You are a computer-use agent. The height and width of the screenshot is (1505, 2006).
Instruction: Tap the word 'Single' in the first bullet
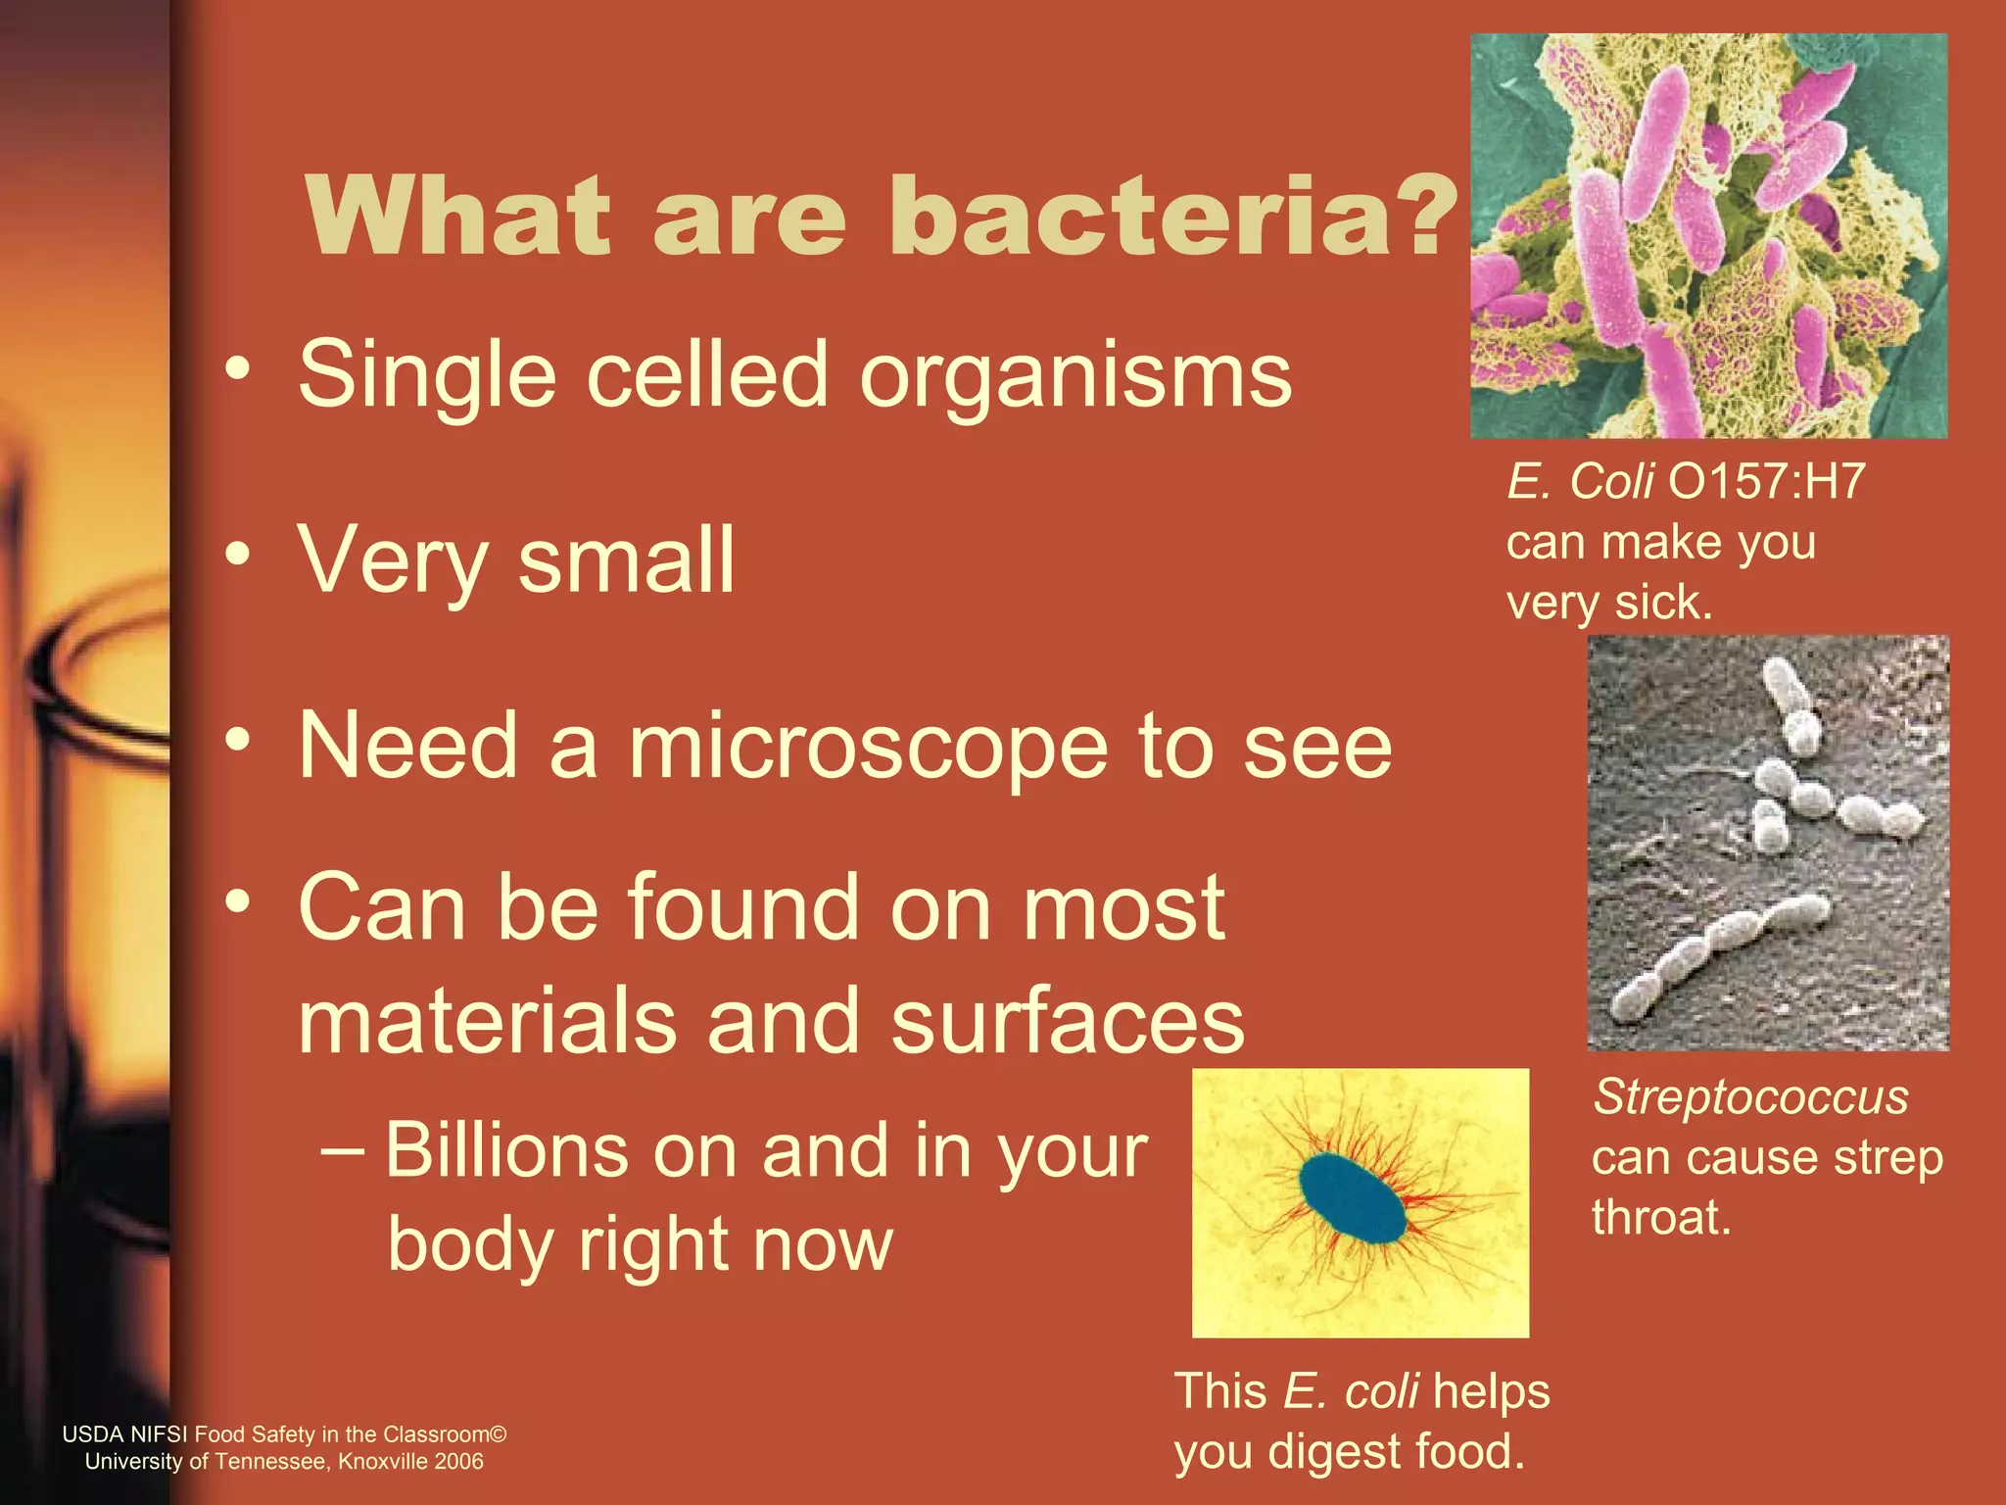pyautogui.click(x=427, y=375)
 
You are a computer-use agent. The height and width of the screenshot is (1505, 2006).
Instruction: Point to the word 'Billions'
pyautogui.click(x=505, y=1150)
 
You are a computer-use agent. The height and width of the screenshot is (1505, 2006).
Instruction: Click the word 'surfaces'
pyautogui.click(x=1068, y=1021)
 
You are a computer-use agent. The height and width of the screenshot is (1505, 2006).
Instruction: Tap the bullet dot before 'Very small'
pyautogui.click(x=237, y=555)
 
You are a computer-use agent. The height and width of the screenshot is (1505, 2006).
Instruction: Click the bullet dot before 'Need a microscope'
pyautogui.click(x=237, y=741)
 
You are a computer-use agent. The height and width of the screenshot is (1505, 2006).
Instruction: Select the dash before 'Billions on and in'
pyautogui.click(x=343, y=1148)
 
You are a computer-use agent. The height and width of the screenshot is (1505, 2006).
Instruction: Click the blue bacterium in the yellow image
pyautogui.click(x=1352, y=1198)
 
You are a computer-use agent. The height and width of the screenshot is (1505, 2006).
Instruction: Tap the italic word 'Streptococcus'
pyautogui.click(x=1750, y=1096)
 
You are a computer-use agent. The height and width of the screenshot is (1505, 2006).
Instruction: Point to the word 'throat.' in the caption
pyautogui.click(x=1661, y=1218)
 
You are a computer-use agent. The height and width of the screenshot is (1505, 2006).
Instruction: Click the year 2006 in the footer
pyautogui.click(x=459, y=1462)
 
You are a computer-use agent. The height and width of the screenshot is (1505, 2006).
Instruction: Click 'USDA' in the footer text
pyautogui.click(x=92, y=1434)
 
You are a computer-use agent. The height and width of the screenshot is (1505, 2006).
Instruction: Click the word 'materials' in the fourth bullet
pyautogui.click(x=487, y=1021)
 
